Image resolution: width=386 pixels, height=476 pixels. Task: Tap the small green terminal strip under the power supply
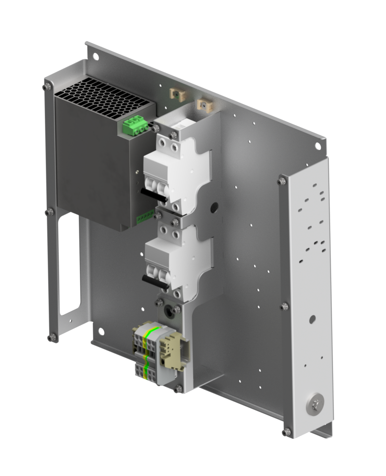pos(145,218)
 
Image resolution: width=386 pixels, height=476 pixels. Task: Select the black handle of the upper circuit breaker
pos(153,193)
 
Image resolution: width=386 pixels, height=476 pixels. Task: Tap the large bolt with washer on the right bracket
pos(315,405)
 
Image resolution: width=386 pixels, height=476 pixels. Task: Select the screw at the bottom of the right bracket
pos(286,432)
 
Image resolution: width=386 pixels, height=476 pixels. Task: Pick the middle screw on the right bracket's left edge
pos(285,306)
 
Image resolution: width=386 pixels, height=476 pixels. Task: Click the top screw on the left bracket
pos(46,87)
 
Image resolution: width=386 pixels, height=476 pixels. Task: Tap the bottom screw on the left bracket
pos(51,337)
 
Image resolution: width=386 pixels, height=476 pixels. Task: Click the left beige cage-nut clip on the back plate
pos(177,94)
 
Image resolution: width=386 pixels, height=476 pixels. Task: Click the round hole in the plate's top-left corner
pos(96,56)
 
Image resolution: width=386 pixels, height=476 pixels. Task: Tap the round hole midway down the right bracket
pos(312,318)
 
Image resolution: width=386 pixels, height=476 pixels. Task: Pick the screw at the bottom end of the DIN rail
pos(178,389)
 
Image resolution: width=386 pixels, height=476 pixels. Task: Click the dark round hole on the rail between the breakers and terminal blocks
pos(168,309)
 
